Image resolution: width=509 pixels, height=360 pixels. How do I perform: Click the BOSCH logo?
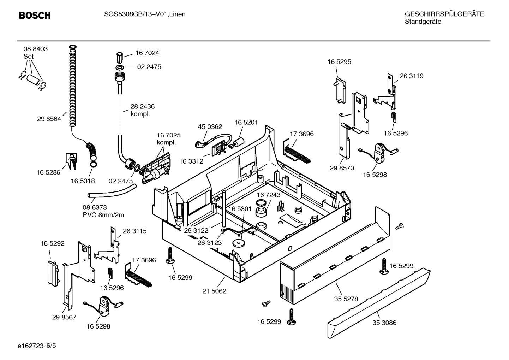[35, 16]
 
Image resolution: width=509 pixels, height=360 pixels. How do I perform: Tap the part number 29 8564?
[49, 119]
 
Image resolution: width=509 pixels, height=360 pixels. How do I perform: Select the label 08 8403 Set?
[35, 53]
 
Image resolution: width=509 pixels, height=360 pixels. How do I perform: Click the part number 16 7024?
[147, 53]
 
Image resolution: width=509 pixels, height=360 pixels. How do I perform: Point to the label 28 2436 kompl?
[142, 110]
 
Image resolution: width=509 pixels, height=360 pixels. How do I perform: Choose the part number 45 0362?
[210, 127]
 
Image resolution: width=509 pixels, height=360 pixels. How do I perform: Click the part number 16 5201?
[246, 122]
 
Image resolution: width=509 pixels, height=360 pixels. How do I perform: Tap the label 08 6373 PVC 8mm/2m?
[103, 211]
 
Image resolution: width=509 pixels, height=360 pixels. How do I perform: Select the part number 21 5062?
[214, 291]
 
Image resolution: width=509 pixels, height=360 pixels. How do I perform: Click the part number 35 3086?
[384, 323]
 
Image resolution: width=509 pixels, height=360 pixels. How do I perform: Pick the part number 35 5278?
[346, 299]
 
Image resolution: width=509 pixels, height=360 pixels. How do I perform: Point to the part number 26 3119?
[412, 76]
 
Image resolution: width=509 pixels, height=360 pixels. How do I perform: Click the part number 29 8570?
[342, 168]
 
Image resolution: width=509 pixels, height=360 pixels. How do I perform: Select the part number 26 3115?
[134, 231]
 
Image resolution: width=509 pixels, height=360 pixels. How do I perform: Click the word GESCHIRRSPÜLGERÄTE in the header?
[444, 14]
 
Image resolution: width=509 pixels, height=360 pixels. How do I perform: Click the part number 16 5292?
[52, 243]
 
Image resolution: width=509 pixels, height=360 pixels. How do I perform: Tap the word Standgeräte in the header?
[423, 22]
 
